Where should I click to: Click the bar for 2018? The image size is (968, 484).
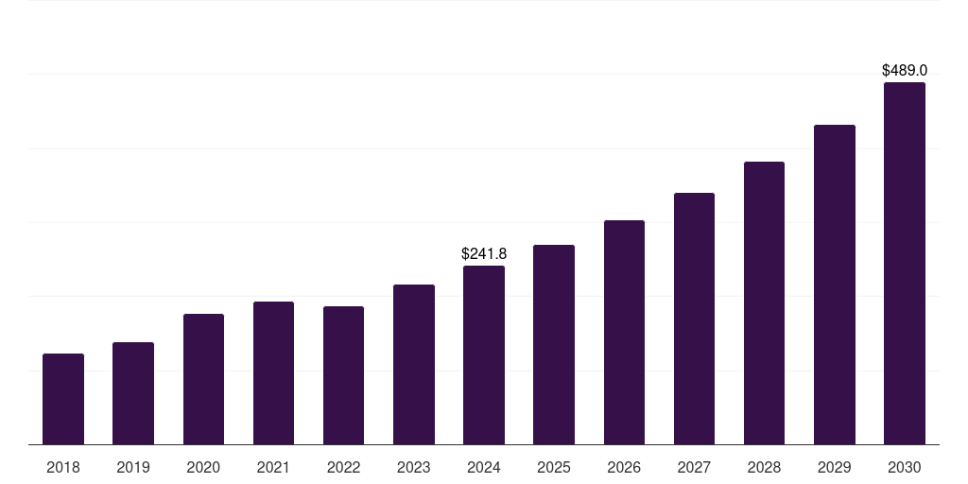63,399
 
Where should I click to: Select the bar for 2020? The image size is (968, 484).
203,379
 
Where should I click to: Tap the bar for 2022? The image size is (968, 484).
343,375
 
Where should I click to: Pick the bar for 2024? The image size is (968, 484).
484,354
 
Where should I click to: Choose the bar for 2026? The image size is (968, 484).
624,332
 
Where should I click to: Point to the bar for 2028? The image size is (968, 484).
764,302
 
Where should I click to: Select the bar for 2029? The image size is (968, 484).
835,285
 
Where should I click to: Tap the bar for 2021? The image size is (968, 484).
273,372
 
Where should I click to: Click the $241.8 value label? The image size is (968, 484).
484,253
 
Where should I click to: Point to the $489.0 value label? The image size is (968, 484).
905,70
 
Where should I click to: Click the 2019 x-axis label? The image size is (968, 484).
133,467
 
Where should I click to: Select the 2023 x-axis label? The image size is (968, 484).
414,467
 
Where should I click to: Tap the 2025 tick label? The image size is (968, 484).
554,467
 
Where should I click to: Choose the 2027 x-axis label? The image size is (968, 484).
694,467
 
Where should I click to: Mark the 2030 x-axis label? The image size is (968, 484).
905,467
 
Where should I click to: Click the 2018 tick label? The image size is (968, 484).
63,467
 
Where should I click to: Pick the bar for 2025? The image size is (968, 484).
554,344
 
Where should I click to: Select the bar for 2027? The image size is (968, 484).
694,319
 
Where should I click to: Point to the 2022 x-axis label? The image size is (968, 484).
343,467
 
